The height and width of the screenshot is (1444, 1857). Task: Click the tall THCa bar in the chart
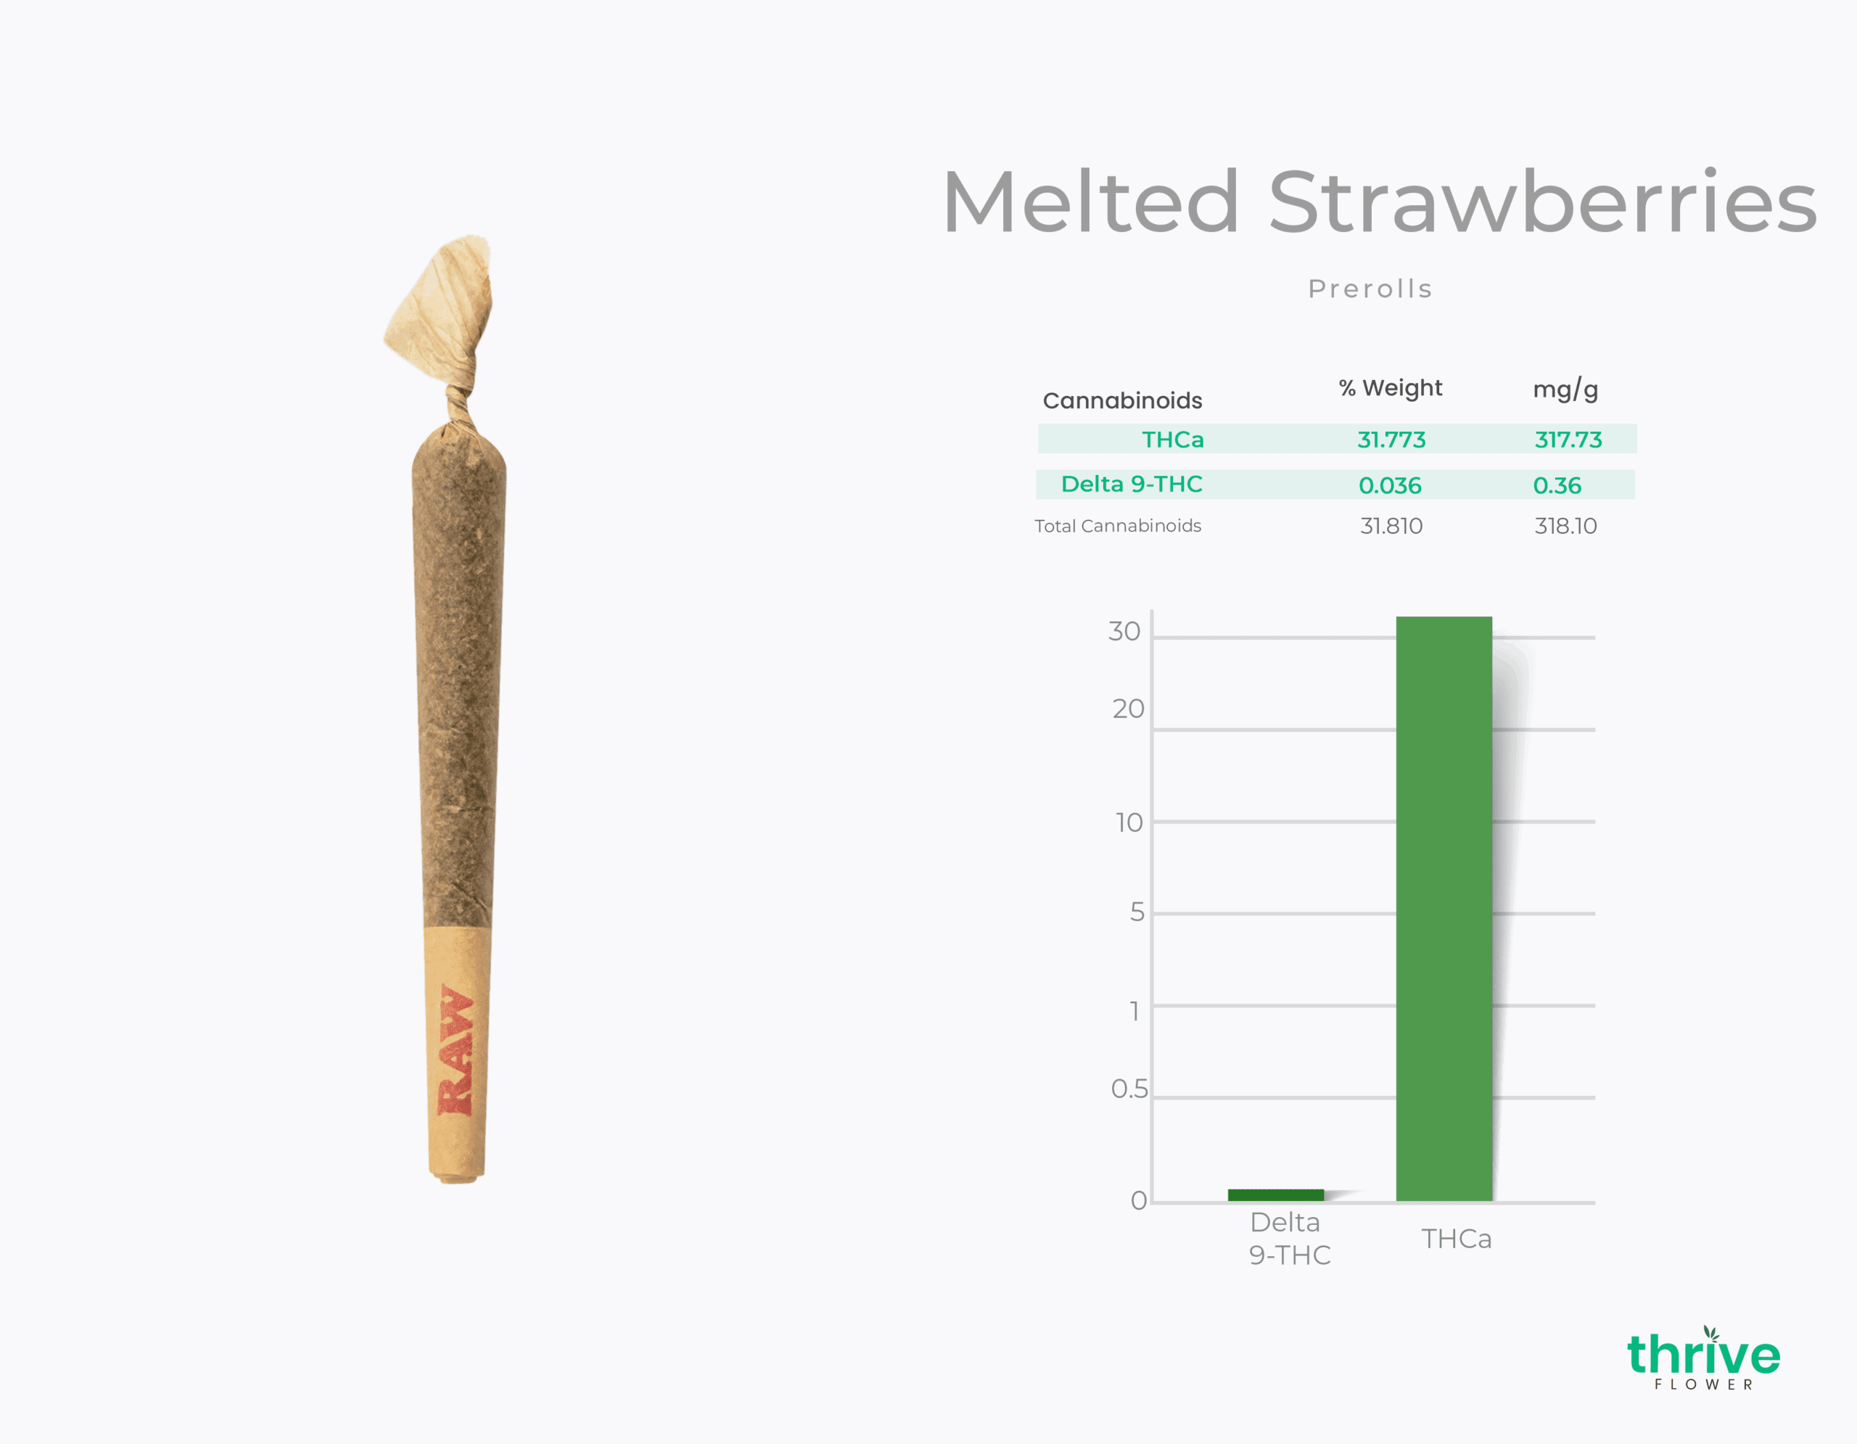pos(1444,909)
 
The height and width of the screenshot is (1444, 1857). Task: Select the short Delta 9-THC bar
pos(1275,1195)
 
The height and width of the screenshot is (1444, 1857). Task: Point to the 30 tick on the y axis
pos(1124,632)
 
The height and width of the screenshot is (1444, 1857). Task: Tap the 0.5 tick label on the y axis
pos(1129,1089)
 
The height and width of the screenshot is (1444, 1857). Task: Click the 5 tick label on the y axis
pos(1137,912)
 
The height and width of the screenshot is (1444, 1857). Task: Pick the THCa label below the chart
pos(1457,1239)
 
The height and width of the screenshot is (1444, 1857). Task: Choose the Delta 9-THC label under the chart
pos(1289,1238)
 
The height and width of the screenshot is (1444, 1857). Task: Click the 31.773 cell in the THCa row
pos(1391,440)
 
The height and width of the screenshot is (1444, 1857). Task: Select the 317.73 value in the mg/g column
pos(1568,440)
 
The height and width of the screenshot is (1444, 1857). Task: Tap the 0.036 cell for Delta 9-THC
pos(1389,485)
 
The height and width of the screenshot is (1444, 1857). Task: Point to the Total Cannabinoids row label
pos(1117,526)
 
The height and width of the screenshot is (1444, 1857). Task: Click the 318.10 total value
pos(1565,526)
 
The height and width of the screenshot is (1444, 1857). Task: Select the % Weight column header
pos(1390,389)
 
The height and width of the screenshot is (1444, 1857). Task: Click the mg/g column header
pos(1565,389)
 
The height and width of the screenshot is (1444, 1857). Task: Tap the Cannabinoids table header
pos(1122,400)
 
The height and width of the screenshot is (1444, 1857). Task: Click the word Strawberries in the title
pos(1542,202)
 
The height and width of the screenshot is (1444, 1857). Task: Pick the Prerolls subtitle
pos(1370,289)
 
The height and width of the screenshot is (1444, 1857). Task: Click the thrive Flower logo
pos(1703,1358)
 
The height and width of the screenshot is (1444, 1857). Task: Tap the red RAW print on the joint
pos(455,1049)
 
